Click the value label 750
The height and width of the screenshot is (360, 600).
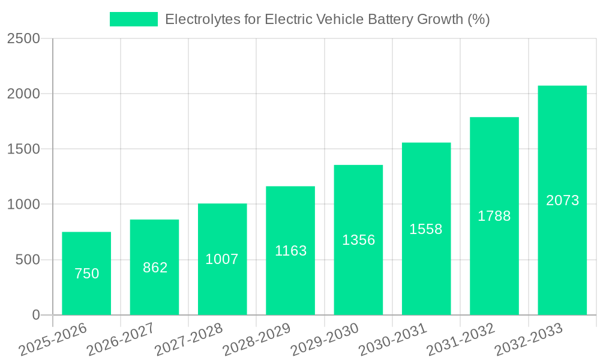pyautogui.click(x=86, y=274)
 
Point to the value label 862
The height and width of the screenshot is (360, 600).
pyautogui.click(x=155, y=268)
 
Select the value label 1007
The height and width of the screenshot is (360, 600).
pyautogui.click(x=222, y=259)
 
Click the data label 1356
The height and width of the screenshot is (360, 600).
pyautogui.click(x=358, y=240)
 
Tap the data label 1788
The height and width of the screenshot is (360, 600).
pyautogui.click(x=494, y=216)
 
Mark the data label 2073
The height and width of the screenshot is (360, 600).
pyautogui.click(x=562, y=200)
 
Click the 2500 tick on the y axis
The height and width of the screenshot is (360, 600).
pyautogui.click(x=23, y=38)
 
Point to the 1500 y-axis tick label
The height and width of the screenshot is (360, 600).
pyautogui.click(x=23, y=149)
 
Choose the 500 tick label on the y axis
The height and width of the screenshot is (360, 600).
pyautogui.click(x=28, y=260)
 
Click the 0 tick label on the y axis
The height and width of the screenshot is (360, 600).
pyautogui.click(x=35, y=315)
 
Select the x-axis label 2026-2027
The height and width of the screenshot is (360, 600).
pyautogui.click(x=121, y=340)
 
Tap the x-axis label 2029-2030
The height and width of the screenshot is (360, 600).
pyautogui.click(x=325, y=340)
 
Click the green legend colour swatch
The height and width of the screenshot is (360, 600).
pyautogui.click(x=133, y=19)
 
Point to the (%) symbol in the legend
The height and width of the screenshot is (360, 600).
pyautogui.click(x=479, y=19)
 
